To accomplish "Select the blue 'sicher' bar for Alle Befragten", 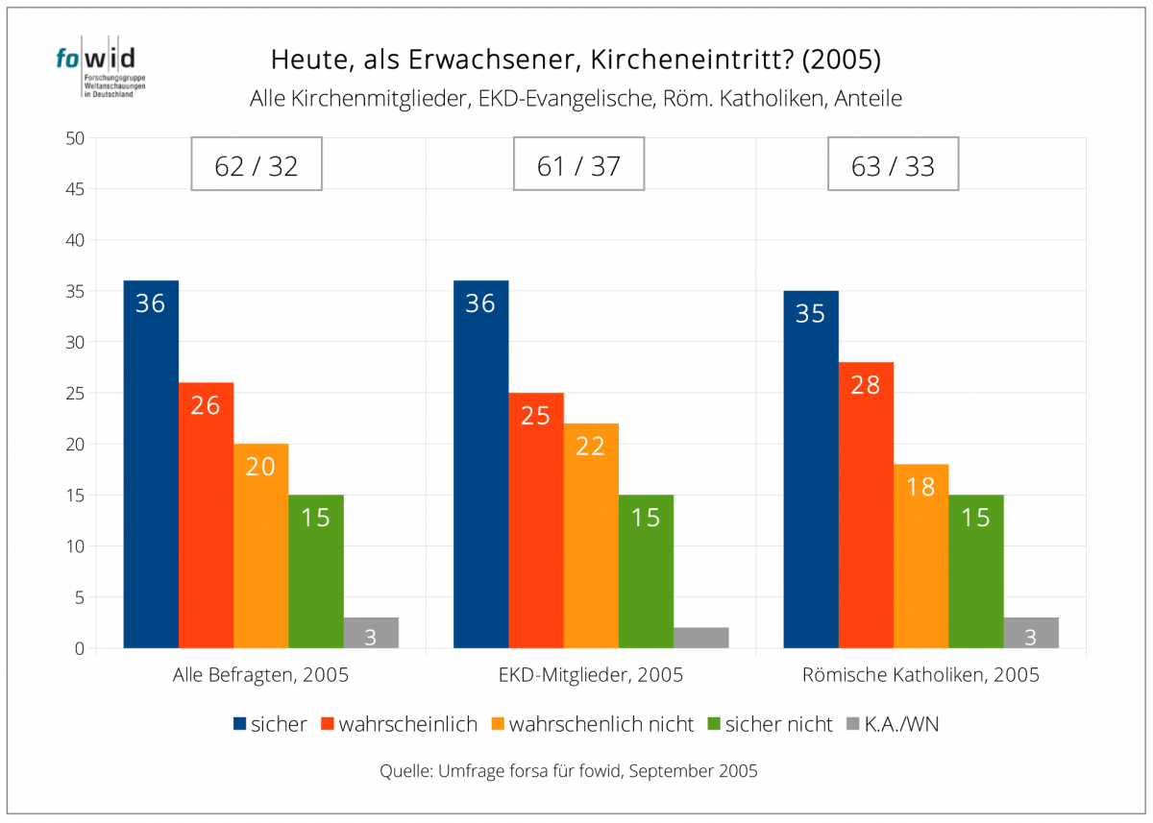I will point(151,465).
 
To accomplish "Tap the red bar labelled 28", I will point(866,505).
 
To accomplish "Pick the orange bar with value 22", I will point(591,536).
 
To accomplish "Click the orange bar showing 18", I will point(920,556).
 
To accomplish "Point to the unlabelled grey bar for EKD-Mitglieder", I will point(700,638).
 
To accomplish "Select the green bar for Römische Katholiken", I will point(975,571).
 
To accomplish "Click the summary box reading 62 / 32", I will point(257,165).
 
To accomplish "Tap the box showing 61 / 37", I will point(578,165).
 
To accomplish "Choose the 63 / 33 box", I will point(893,165).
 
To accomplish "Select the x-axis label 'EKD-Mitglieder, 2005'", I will point(591,675).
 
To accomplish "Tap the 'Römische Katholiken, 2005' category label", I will point(920,675).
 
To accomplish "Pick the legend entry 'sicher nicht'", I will point(778,724).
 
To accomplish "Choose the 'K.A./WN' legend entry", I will point(900,724).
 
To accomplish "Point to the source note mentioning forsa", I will point(569,770).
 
